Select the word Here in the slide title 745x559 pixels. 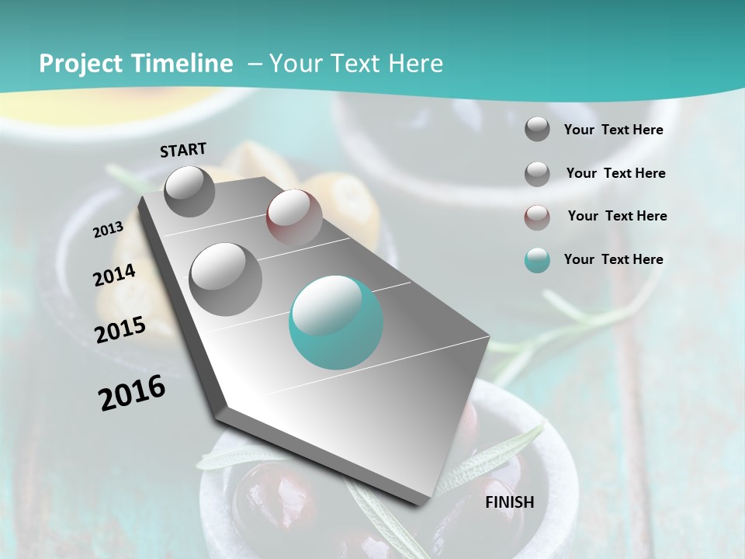point(415,64)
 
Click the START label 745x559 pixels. point(183,150)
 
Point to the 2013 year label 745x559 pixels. point(109,229)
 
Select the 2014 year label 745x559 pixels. point(115,276)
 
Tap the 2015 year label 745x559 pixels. point(120,330)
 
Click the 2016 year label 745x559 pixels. point(132,393)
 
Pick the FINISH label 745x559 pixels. point(510,502)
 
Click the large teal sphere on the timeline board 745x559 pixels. point(336,322)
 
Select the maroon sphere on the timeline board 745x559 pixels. point(294,217)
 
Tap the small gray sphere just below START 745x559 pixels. point(190,191)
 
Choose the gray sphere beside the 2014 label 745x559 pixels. point(226,279)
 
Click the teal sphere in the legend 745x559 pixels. point(537,260)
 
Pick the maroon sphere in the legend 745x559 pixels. point(537,217)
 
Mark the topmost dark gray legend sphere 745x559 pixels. point(537,129)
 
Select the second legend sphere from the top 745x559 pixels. point(537,173)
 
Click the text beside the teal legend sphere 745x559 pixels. point(613,259)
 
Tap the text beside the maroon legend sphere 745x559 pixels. point(617,216)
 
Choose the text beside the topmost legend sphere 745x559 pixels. point(613,130)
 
